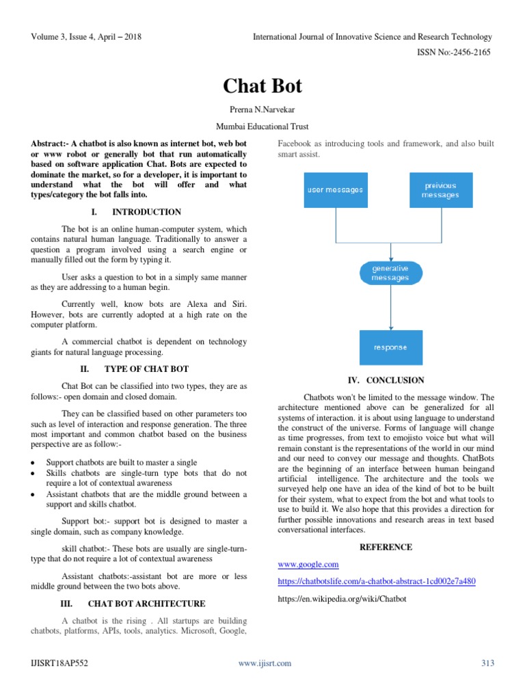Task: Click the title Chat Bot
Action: (x=262, y=86)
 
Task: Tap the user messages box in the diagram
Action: (x=334, y=189)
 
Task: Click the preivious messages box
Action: (x=440, y=189)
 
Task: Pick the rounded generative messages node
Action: (x=390, y=273)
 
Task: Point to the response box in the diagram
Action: (x=390, y=347)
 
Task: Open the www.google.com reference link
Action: (x=308, y=564)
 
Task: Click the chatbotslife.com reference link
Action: (x=377, y=581)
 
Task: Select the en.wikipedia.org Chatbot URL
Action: (x=342, y=598)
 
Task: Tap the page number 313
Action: (x=487, y=663)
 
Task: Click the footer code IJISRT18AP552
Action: (x=59, y=663)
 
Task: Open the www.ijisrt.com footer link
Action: (x=265, y=663)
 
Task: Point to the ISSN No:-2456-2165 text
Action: (x=455, y=52)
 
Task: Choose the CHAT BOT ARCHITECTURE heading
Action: (x=146, y=604)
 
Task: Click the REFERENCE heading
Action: (x=386, y=547)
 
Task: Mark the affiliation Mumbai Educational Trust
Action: (x=262, y=127)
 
